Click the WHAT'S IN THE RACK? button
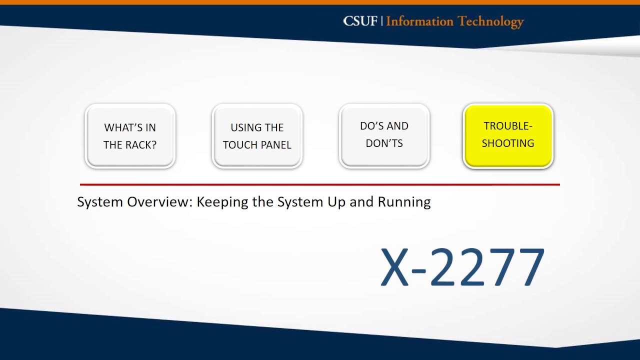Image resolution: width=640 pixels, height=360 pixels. click(x=130, y=136)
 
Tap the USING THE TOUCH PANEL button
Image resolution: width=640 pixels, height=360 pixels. click(x=257, y=136)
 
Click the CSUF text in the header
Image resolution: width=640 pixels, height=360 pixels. click(x=360, y=21)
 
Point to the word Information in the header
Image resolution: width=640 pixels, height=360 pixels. click(x=419, y=21)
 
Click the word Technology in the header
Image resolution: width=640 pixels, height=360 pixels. click(x=490, y=21)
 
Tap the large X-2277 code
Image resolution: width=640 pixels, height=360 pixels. click(x=462, y=267)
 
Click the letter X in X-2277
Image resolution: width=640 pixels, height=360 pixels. click(x=395, y=267)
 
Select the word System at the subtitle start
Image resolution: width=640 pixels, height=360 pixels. click(x=100, y=202)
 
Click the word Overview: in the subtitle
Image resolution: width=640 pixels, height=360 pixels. click(x=159, y=202)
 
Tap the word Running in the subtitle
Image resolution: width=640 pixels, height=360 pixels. click(x=404, y=202)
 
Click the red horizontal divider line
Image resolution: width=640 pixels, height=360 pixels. click(x=320, y=184)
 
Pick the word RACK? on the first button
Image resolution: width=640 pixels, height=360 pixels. click(x=143, y=145)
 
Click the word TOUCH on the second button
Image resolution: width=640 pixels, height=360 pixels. click(x=240, y=145)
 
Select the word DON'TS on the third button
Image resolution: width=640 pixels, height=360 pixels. click(x=384, y=143)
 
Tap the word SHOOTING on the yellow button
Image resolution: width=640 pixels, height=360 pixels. click(x=508, y=143)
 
